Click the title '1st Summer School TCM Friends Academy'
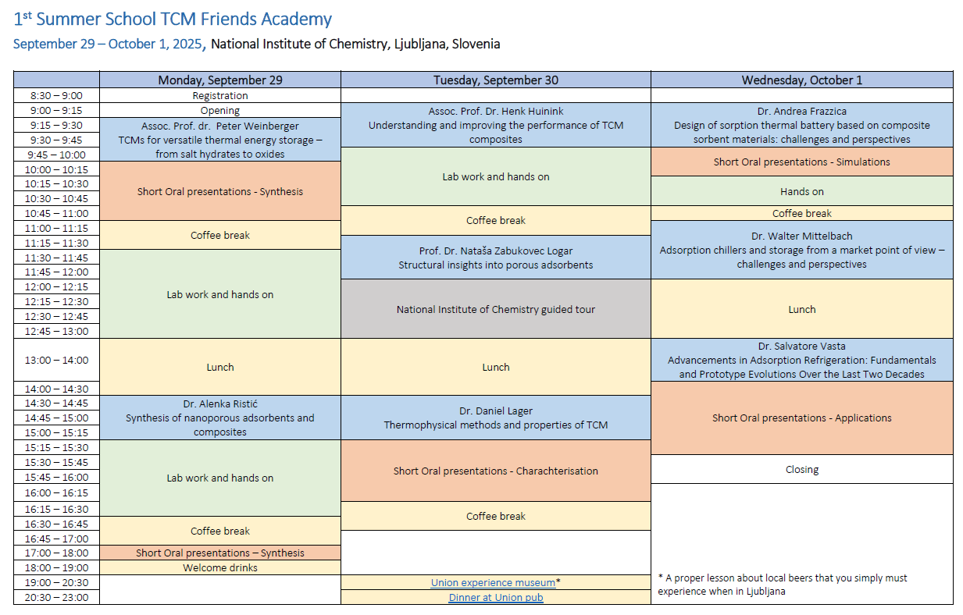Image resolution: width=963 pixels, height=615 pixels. pyautogui.click(x=173, y=19)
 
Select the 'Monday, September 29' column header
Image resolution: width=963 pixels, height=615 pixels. pyautogui.click(x=220, y=80)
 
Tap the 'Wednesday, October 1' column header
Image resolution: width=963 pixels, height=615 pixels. pyautogui.click(x=802, y=80)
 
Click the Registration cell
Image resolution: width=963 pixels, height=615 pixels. pyautogui.click(x=220, y=95)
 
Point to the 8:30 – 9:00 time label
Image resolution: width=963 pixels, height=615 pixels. pyautogui.click(x=56, y=95)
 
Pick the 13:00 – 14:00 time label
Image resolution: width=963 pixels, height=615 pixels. pyautogui.click(x=56, y=360)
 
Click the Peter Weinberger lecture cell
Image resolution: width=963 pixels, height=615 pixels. pyautogui.click(x=220, y=140)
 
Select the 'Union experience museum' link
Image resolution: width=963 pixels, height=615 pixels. pyautogui.click(x=493, y=582)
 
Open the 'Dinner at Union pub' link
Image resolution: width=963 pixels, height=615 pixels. pyautogui.click(x=496, y=597)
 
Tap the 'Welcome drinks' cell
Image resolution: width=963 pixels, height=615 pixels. pyautogui.click(x=220, y=567)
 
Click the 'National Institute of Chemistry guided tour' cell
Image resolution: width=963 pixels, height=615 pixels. pyautogui.click(x=496, y=309)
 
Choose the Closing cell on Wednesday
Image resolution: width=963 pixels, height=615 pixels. pyautogui.click(x=802, y=469)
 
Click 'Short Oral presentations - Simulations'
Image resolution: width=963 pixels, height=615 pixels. pyautogui.click(x=802, y=162)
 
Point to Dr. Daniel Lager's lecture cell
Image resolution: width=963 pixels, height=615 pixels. pyautogui.click(x=496, y=418)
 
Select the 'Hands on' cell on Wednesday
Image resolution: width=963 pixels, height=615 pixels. pyautogui.click(x=802, y=191)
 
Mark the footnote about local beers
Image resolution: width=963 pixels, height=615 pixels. pyautogui.click(x=783, y=585)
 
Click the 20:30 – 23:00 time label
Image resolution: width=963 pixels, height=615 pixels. pyautogui.click(x=56, y=597)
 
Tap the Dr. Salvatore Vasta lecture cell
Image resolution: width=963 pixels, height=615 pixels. pyautogui.click(x=802, y=360)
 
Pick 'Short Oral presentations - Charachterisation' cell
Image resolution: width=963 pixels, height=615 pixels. pyautogui.click(x=496, y=471)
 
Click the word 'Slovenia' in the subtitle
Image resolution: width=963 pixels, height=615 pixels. pyautogui.click(x=476, y=44)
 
